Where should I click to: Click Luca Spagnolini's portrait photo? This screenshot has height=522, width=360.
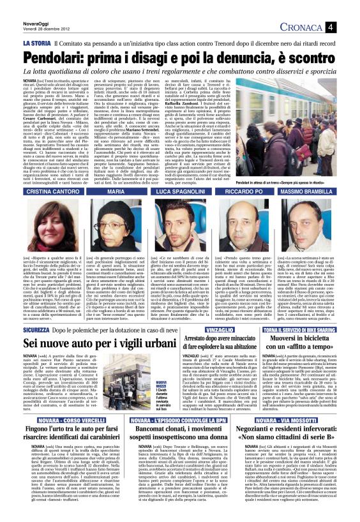point(180,205)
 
